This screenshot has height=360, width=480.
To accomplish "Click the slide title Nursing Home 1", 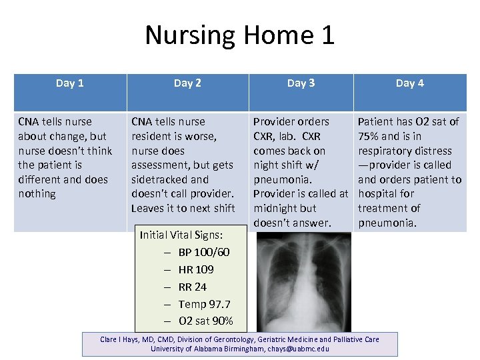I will (239, 35).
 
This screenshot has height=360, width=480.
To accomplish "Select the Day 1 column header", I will (70, 83).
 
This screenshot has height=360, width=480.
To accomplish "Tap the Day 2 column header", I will (187, 83).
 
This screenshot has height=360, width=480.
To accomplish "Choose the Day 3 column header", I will (301, 83).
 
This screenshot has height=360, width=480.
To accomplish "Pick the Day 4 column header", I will (409, 83).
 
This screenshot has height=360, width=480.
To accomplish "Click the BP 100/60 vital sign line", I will (203, 252).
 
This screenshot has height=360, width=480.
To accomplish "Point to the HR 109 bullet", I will (196, 269).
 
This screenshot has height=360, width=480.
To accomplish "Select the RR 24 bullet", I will (192, 287).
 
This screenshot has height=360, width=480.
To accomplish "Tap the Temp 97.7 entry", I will (204, 304).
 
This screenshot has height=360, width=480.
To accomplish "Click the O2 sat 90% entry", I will (205, 321).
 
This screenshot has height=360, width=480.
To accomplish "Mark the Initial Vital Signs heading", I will (181, 235).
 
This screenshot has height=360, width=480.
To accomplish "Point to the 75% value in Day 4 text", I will (369, 136).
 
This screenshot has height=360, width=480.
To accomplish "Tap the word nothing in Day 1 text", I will (37, 193).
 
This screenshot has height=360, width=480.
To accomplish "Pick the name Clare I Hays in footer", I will (118, 339).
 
